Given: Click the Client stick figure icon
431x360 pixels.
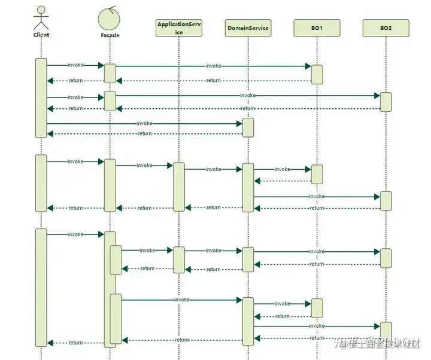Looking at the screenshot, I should click(x=41, y=17).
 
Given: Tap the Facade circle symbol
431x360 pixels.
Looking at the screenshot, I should click(x=110, y=17).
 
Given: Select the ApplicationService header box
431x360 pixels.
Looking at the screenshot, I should click(x=178, y=28).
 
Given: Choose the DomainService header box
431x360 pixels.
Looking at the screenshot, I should click(x=248, y=28).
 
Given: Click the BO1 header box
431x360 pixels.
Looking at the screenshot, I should click(x=317, y=28).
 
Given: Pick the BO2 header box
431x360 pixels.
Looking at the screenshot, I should click(x=386, y=28).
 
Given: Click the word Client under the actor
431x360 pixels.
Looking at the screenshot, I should click(x=41, y=35).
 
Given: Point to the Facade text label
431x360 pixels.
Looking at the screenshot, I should click(x=110, y=35).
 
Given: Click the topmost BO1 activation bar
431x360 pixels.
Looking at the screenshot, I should click(x=317, y=74).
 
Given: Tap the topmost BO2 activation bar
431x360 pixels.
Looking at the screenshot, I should click(x=386, y=102).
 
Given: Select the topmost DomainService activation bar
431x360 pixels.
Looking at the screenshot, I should click(x=248, y=127).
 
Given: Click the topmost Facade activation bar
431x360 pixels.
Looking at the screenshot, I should click(x=110, y=73).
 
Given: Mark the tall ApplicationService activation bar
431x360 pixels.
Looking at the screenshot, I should click(x=178, y=187).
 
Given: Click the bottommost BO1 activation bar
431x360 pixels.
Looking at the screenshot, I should click(x=317, y=308).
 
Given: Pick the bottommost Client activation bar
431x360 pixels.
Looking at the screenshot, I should click(x=41, y=287).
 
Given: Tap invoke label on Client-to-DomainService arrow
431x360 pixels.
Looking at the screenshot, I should click(x=144, y=123).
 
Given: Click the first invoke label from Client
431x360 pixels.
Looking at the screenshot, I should click(x=75, y=65).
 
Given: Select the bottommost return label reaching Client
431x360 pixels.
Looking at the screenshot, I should click(x=75, y=343).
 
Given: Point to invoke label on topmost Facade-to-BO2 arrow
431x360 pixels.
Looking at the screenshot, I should click(x=248, y=95).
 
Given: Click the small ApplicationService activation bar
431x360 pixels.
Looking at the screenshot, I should click(x=178, y=260).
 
